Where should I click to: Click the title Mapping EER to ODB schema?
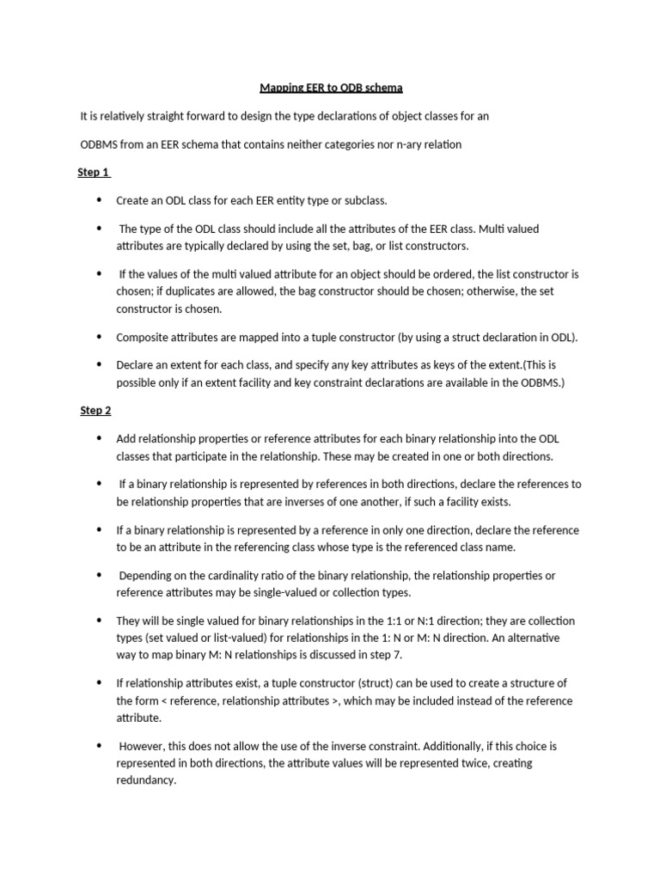click(x=332, y=88)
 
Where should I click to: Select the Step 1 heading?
click(x=94, y=172)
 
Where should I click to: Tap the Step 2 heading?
click(x=96, y=410)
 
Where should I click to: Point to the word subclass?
click(x=364, y=200)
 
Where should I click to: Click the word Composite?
click(x=141, y=337)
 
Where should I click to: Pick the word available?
click(x=468, y=382)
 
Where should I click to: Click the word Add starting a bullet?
click(x=126, y=438)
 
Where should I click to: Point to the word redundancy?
click(x=145, y=780)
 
